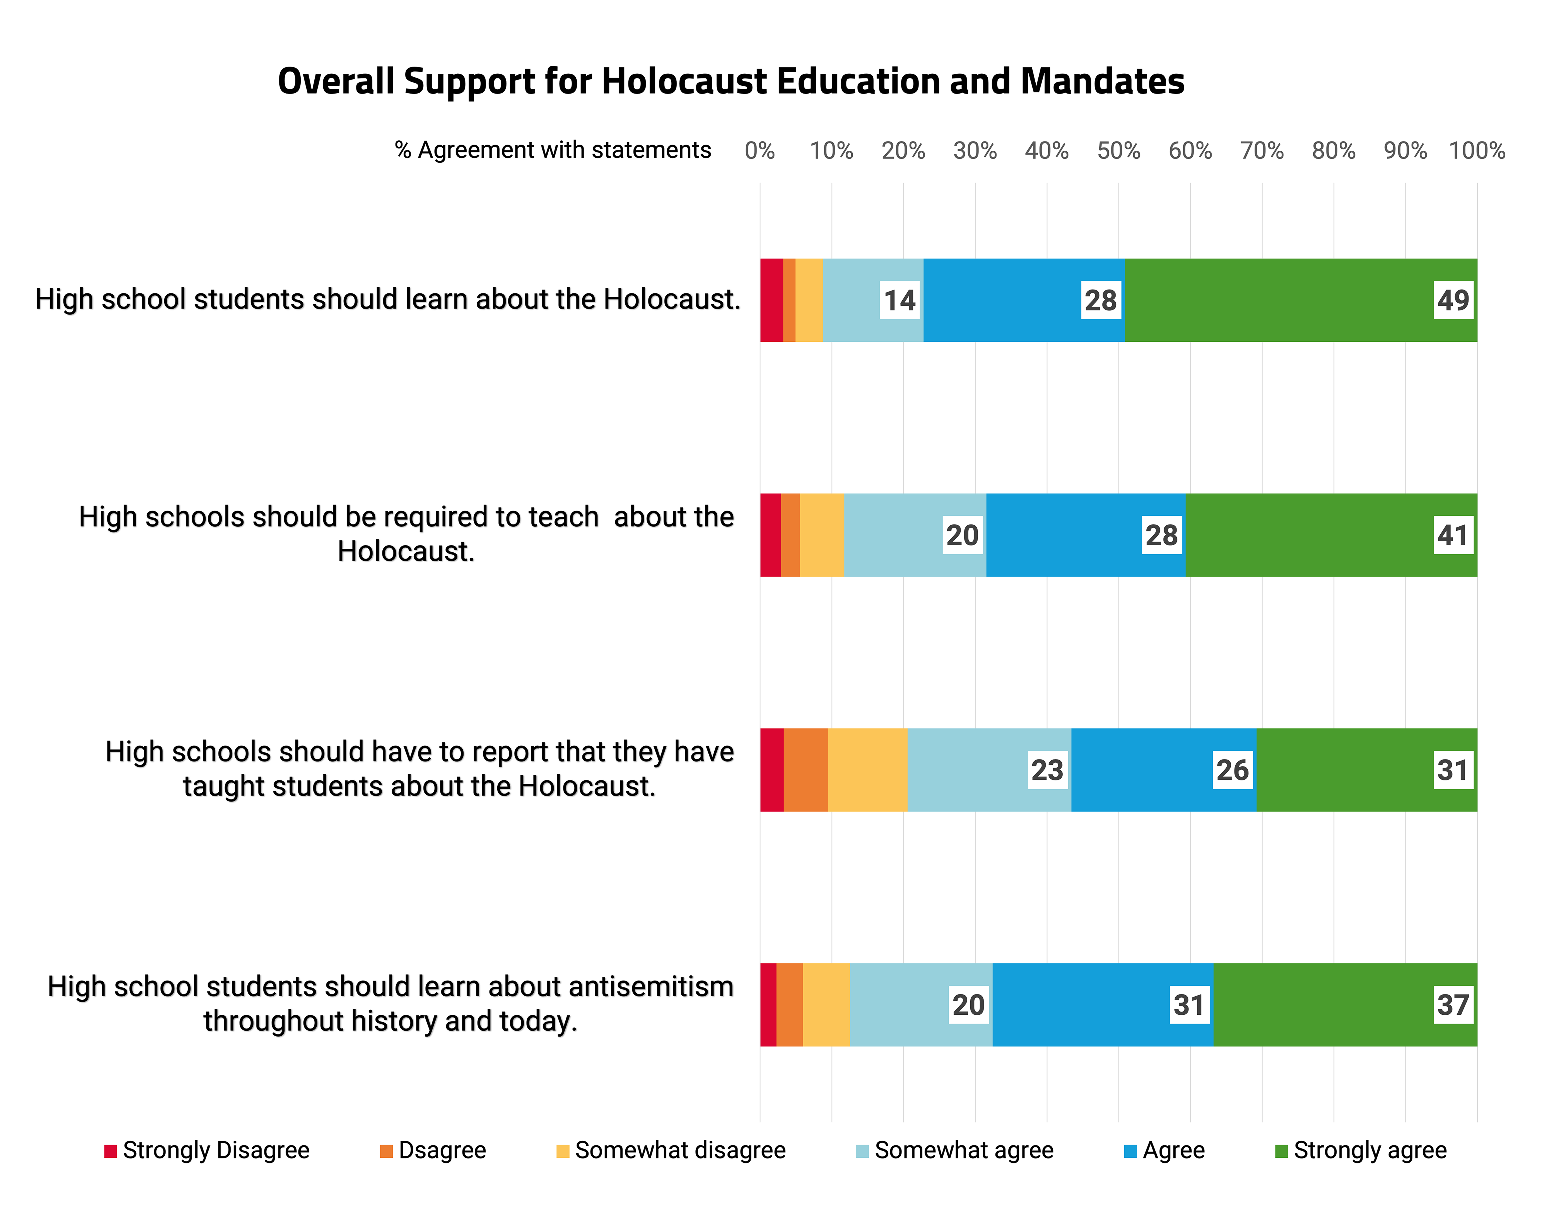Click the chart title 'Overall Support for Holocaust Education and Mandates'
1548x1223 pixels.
pyautogui.click(x=731, y=81)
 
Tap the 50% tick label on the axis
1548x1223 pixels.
pyautogui.click(x=1118, y=150)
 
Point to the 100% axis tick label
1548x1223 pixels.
pyautogui.click(x=1476, y=150)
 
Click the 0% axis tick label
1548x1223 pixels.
pyautogui.click(x=759, y=150)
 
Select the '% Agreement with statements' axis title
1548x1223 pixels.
pyautogui.click(x=553, y=150)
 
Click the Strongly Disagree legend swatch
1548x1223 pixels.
pyautogui.click(x=110, y=1151)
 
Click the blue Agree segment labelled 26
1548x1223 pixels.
pyautogui.click(x=1163, y=770)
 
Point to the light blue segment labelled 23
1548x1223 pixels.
pyautogui.click(x=988, y=770)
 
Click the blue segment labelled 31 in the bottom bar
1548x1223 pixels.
pyautogui.click(x=1102, y=1005)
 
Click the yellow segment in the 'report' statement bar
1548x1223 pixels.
pyautogui.click(x=867, y=770)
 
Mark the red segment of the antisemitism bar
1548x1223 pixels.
pyautogui.click(x=768, y=1005)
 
